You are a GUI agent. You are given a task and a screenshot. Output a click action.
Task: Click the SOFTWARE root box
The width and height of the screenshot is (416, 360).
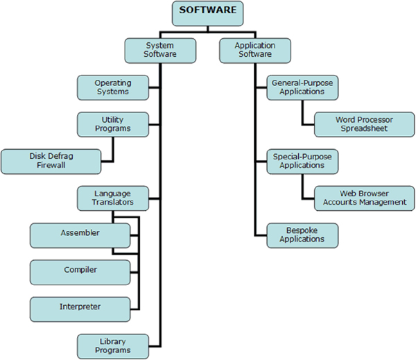point(207,11)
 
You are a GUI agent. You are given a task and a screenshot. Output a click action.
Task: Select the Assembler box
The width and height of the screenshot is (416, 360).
point(80,234)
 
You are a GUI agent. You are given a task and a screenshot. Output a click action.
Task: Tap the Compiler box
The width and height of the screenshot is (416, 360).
point(80,271)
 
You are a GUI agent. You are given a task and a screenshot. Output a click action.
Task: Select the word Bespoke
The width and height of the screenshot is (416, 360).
point(302,230)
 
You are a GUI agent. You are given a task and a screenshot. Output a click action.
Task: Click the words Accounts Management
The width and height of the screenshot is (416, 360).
point(364,203)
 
